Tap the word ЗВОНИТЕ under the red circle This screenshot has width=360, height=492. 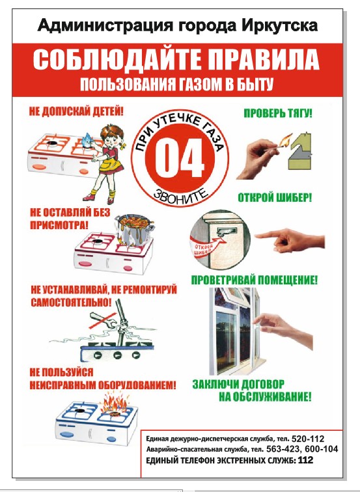click(x=181, y=197)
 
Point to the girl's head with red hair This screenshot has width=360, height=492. click(x=113, y=135)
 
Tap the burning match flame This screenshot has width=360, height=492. click(x=286, y=140)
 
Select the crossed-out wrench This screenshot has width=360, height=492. click(x=103, y=320)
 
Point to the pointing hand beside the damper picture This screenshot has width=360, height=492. click(x=290, y=240)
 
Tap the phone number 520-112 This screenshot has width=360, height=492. click(x=307, y=439)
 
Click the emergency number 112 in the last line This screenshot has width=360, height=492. click(x=305, y=460)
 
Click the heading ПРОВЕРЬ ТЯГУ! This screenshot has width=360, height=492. click(x=278, y=113)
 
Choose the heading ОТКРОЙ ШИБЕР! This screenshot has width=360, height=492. click(x=275, y=198)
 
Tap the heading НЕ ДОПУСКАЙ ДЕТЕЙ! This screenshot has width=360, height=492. click(x=76, y=111)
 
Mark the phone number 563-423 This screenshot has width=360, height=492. click(x=283, y=448)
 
